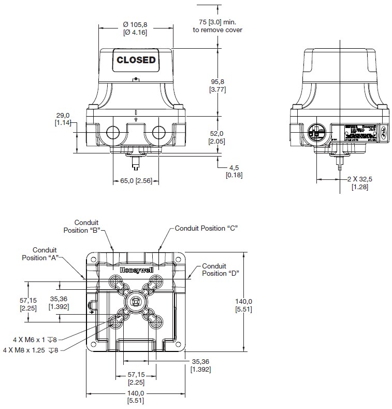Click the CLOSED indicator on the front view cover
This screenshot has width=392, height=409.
click(x=136, y=60)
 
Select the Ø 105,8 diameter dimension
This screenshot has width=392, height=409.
click(x=135, y=28)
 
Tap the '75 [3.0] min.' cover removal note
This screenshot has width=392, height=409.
click(x=217, y=26)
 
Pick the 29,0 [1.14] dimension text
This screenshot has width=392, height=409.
click(x=64, y=119)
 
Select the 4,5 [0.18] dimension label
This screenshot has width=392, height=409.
click(x=234, y=171)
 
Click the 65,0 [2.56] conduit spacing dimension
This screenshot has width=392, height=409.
click(x=136, y=181)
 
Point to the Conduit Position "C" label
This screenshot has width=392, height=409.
click(x=206, y=228)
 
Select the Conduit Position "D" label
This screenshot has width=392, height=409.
click(x=219, y=270)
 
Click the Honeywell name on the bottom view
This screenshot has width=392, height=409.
click(x=136, y=270)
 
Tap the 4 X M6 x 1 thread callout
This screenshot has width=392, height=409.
click(x=35, y=340)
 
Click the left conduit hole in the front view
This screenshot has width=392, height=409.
click(x=112, y=133)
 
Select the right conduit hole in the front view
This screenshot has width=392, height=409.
click(x=158, y=133)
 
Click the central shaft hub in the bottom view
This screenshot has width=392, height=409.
click(x=136, y=302)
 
